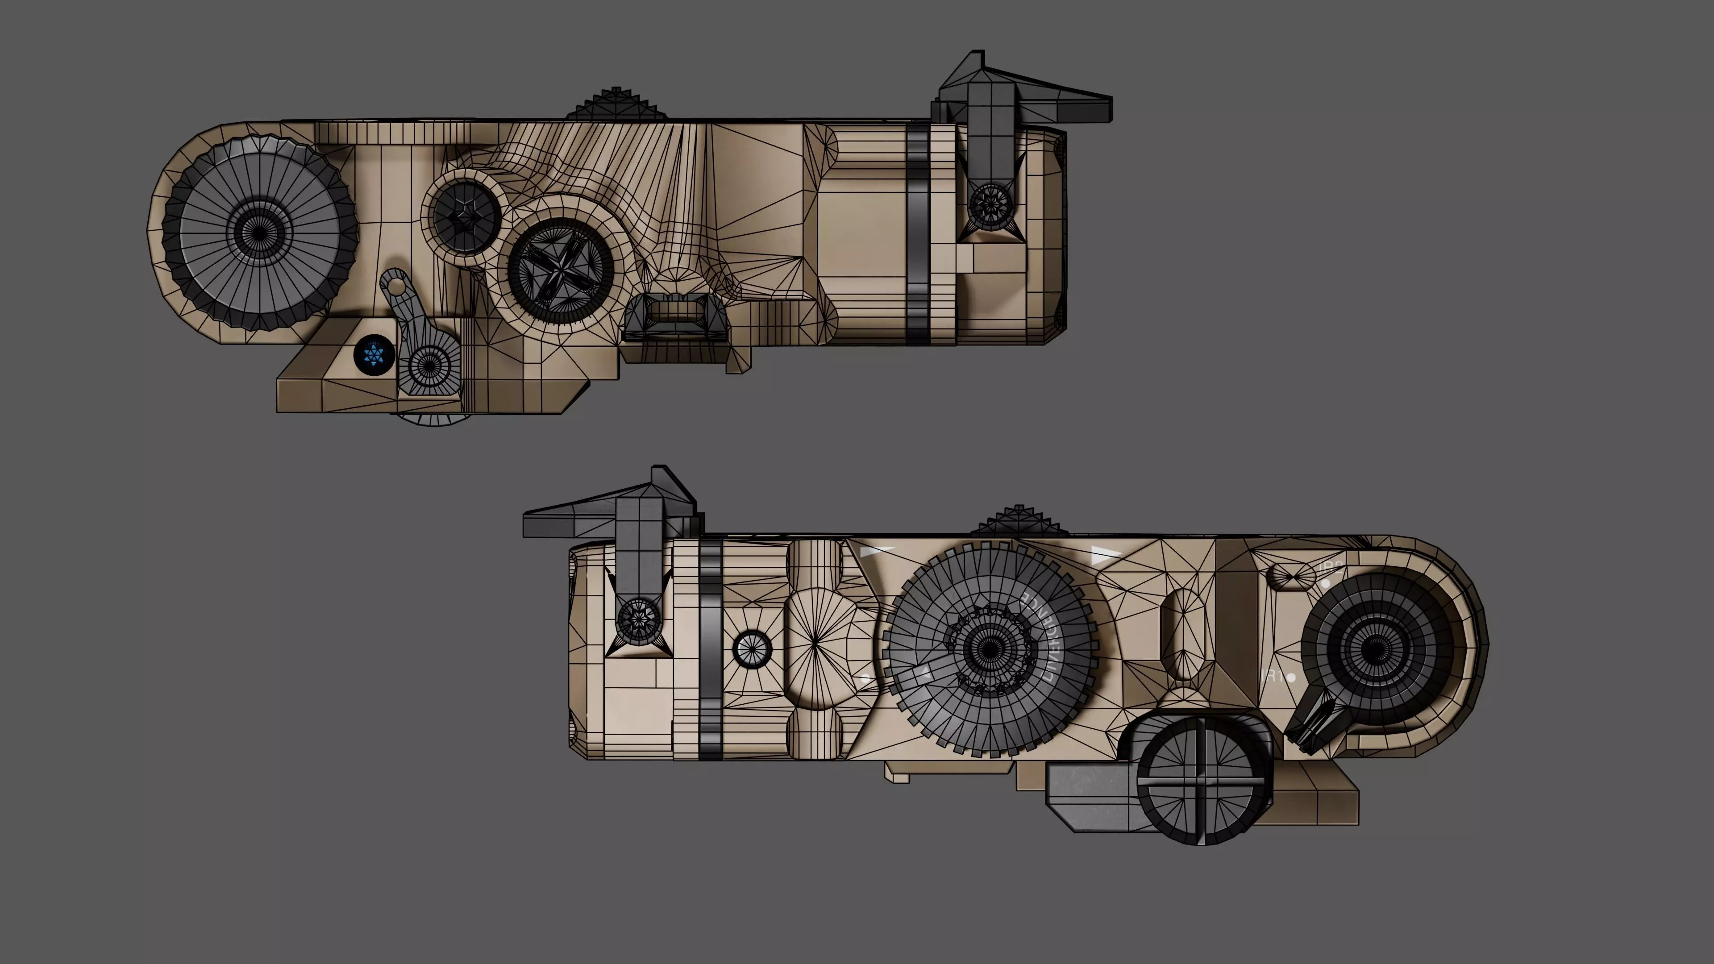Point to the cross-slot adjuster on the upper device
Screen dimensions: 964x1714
[x=560, y=267]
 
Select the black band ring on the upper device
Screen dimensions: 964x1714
[x=917, y=233]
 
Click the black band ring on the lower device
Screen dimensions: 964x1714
[x=711, y=648]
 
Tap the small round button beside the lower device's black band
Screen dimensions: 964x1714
[x=752, y=648]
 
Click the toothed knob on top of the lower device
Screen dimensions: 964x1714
[x=1019, y=522]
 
